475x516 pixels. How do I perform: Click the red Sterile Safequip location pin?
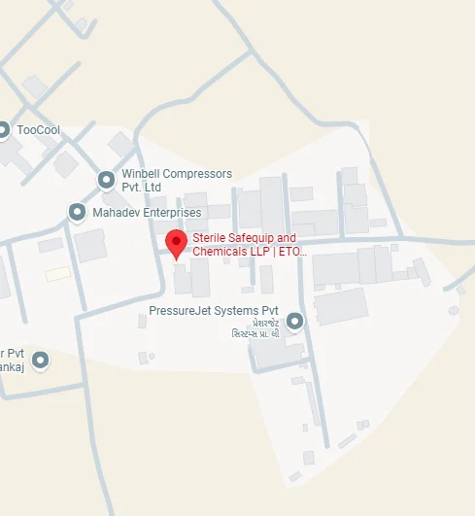tap(176, 243)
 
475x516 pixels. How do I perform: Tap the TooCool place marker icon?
tap(4, 130)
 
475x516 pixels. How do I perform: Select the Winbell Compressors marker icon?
tap(107, 180)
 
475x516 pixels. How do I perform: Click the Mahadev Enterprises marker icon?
tap(77, 212)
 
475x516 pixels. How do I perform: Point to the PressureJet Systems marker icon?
tap(295, 321)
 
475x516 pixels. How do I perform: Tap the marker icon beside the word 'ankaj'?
tap(40, 361)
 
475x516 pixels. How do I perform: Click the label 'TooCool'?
tap(39, 130)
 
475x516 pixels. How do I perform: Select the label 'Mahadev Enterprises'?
tap(147, 212)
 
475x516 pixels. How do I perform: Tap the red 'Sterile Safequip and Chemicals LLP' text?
tap(249, 245)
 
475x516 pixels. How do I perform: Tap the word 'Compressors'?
tap(198, 174)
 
